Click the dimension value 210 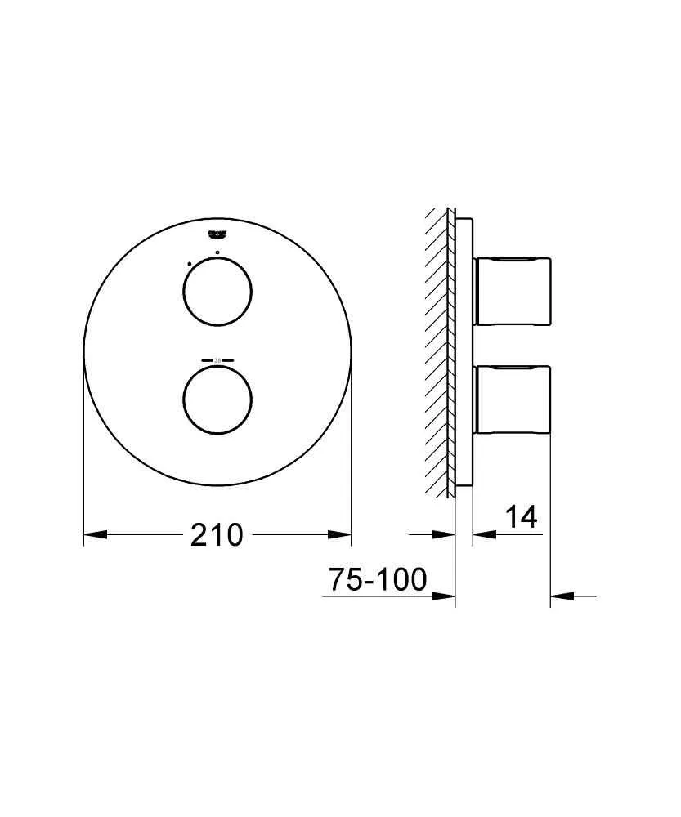click(217, 535)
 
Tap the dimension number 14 click(521, 517)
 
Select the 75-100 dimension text click(377, 580)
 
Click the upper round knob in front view click(217, 292)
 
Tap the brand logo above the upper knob click(217, 232)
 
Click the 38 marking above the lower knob click(217, 359)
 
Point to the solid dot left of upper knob click(188, 264)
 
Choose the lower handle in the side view click(512, 399)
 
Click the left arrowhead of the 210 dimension click(95, 535)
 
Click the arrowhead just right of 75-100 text click(444, 596)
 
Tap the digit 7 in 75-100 click(335, 580)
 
